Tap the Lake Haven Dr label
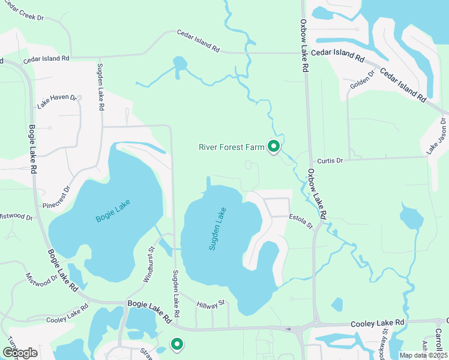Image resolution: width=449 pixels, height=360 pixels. pyautogui.click(x=58, y=101)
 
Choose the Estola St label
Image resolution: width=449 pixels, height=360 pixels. pyautogui.click(x=301, y=220)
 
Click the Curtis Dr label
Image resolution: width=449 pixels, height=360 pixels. pyautogui.click(x=330, y=160)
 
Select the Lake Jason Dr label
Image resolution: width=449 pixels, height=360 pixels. pyautogui.click(x=436, y=136)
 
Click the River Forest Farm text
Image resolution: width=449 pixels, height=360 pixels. pyautogui.click(x=231, y=147)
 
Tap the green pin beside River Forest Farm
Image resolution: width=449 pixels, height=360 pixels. pyautogui.click(x=274, y=146)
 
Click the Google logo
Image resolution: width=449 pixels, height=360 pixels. pyautogui.click(x=20, y=353)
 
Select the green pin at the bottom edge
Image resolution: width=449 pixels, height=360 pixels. pyautogui.click(x=176, y=344)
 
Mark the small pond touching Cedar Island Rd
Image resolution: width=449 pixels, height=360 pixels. pyautogui.click(x=179, y=63)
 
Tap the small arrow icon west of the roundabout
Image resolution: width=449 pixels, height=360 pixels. pyautogui.click(x=289, y=329)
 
